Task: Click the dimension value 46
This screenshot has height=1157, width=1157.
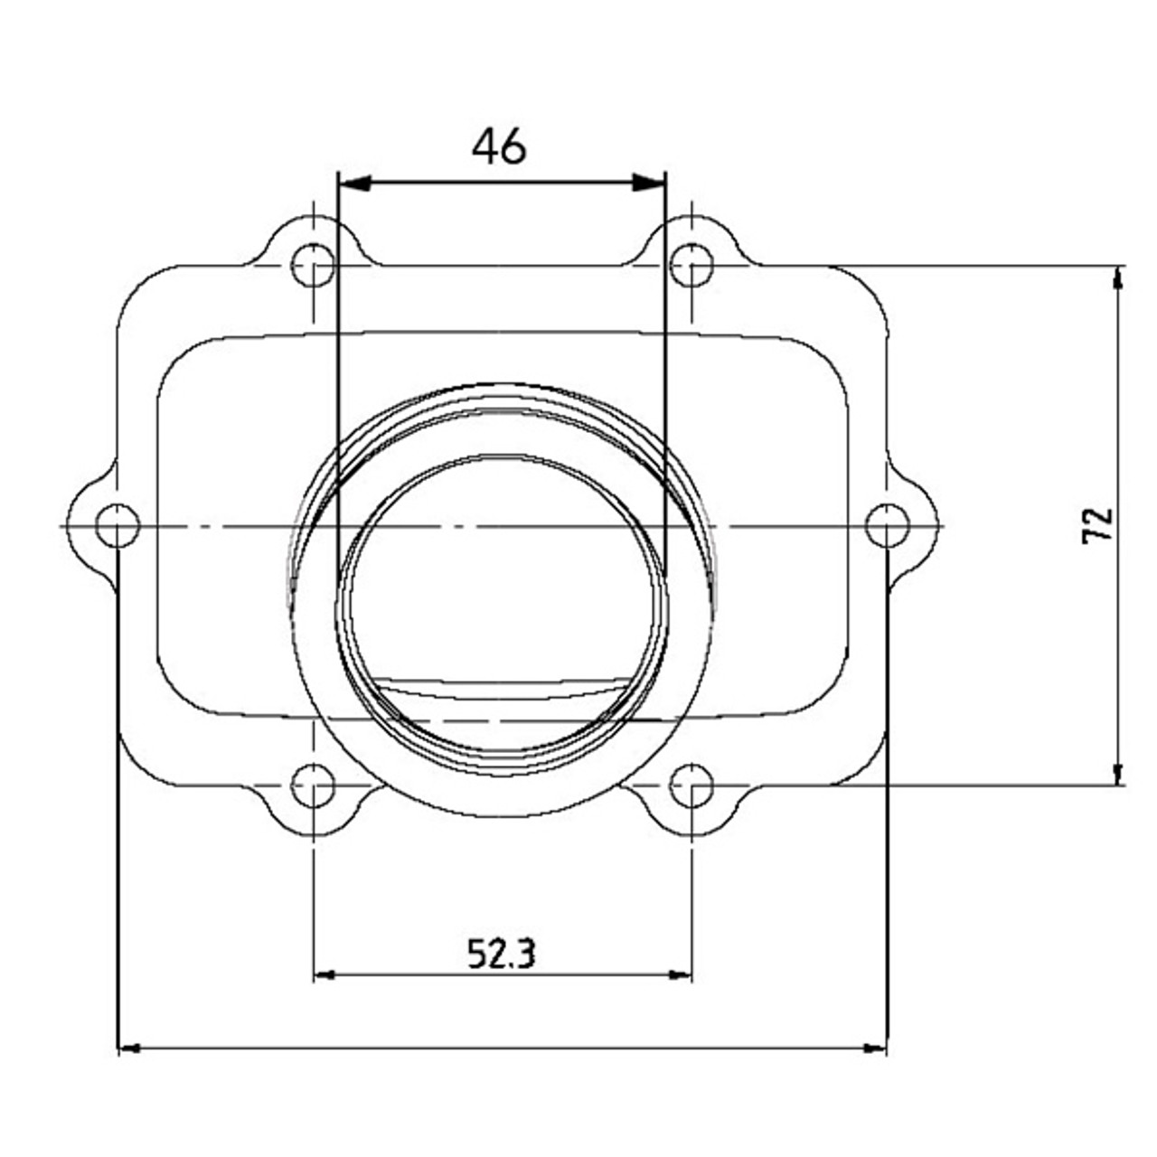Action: pos(499,146)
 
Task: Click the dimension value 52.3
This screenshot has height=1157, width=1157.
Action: pos(502,953)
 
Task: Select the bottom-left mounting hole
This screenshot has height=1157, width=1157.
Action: pos(313,785)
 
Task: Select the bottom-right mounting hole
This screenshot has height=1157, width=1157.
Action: pos(692,785)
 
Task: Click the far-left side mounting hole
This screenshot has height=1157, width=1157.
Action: pos(118,526)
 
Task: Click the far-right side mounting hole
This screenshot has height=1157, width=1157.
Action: pos(887,526)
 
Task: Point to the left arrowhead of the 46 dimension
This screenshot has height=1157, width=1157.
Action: pos(353,183)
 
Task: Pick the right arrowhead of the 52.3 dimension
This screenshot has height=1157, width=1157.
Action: pos(681,975)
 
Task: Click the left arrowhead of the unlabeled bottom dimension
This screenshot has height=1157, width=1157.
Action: pos(130,1049)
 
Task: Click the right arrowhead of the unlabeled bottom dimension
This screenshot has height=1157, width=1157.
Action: pos(875,1049)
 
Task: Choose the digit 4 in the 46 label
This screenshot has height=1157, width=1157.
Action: pos(485,146)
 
